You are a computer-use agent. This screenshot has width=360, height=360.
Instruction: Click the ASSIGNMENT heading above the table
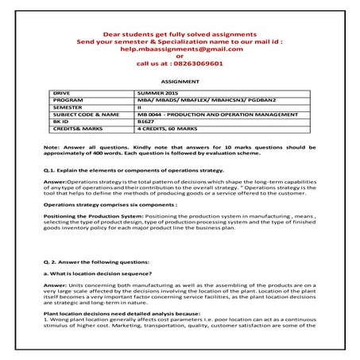click(180, 82)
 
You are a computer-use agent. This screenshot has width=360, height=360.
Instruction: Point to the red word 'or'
click(180, 57)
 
